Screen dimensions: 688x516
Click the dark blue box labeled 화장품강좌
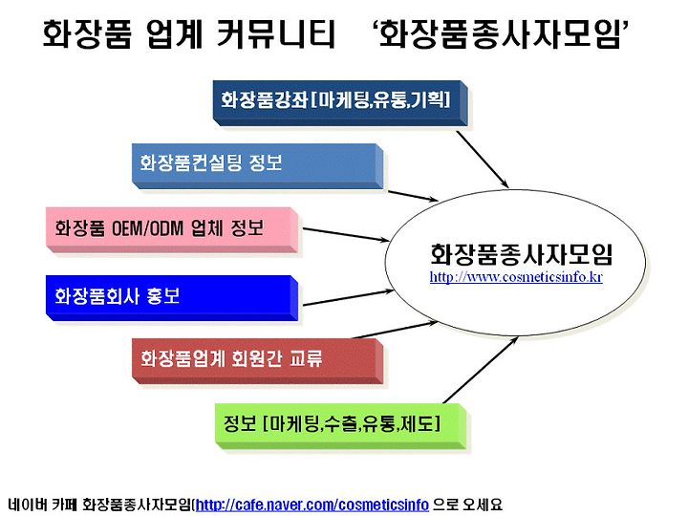click(340, 102)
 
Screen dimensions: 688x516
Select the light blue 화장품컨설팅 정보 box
click(258, 166)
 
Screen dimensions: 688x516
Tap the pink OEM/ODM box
click(172, 230)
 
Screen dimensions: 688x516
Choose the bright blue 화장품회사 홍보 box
click(172, 298)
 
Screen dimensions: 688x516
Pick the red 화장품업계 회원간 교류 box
click(258, 361)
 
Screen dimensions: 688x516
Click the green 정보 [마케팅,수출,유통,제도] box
click(341, 426)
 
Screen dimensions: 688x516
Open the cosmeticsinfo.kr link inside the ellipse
click(516, 277)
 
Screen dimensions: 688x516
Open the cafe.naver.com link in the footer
click(312, 505)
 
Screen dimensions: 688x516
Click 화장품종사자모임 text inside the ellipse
click(521, 254)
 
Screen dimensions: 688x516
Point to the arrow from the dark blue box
click(483, 160)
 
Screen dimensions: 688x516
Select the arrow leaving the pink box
click(346, 235)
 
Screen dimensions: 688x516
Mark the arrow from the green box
click(481, 370)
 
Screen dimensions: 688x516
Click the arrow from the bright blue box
click(349, 297)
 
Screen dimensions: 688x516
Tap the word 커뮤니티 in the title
click(276, 33)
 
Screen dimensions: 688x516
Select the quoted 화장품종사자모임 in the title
click(499, 33)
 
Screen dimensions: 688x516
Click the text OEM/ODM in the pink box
click(147, 228)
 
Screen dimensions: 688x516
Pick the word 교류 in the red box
click(306, 358)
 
